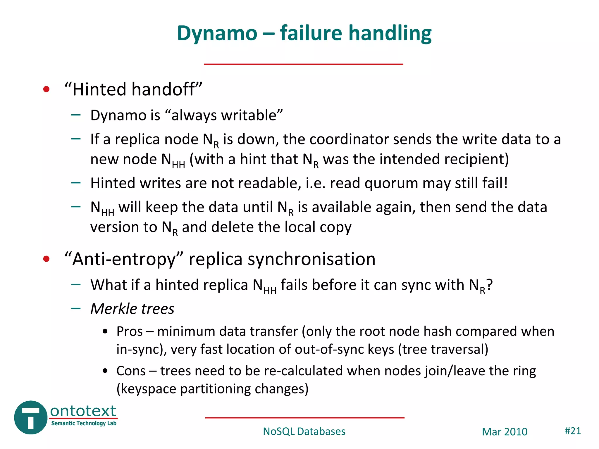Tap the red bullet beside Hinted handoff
point(46,89)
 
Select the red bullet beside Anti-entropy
point(46,259)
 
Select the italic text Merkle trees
point(132,309)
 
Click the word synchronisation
point(311,259)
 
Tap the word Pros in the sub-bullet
point(129,331)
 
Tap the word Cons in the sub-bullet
point(131,371)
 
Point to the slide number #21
point(572,431)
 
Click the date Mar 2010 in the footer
point(505,432)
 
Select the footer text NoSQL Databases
point(304,431)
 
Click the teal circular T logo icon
point(30,417)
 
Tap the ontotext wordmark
point(83,411)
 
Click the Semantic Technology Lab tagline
point(84,423)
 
